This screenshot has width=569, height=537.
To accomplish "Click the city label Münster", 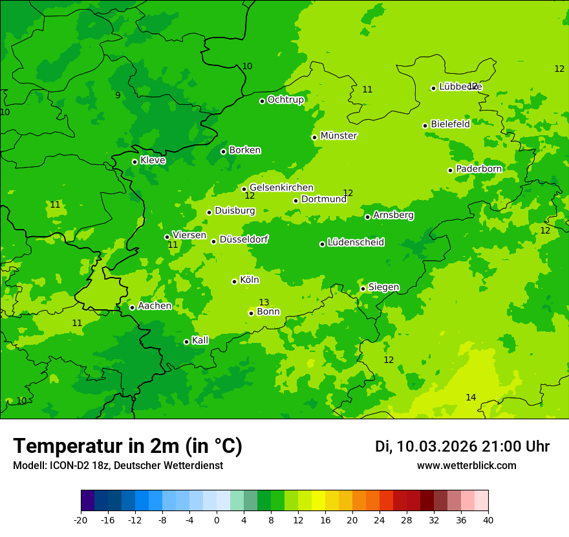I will pyautogui.click(x=338, y=136).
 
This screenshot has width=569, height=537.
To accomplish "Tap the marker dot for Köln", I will pyautogui.click(x=234, y=281).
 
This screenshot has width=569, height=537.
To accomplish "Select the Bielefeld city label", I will pyautogui.click(x=450, y=124).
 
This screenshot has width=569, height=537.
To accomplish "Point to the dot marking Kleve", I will pyautogui.click(x=134, y=162).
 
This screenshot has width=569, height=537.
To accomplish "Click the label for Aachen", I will pyautogui.click(x=155, y=306).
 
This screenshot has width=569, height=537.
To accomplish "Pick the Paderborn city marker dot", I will pyautogui.click(x=450, y=170).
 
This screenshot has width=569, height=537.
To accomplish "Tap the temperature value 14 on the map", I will pyautogui.click(x=471, y=397).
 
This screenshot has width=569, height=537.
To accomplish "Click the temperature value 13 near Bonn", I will pyautogui.click(x=264, y=302).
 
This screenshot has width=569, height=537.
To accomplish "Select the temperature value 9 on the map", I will pyautogui.click(x=118, y=95).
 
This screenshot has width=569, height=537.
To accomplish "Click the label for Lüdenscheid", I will pyautogui.click(x=356, y=243).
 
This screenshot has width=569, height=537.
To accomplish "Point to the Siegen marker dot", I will pyautogui.click(x=363, y=289).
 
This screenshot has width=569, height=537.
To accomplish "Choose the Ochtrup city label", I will pyautogui.click(x=285, y=100).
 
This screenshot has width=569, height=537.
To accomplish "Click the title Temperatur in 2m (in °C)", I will pyautogui.click(x=127, y=446).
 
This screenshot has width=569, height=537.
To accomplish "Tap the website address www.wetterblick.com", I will pyautogui.click(x=466, y=466).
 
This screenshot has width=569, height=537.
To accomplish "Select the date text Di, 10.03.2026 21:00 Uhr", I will pyautogui.click(x=462, y=446).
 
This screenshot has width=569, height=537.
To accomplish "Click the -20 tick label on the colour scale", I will pyautogui.click(x=81, y=520).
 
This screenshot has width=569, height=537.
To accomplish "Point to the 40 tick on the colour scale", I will pyautogui.click(x=488, y=520).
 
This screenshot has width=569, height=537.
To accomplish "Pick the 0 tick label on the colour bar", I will pyautogui.click(x=217, y=520).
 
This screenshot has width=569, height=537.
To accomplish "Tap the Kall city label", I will pyautogui.click(x=200, y=340).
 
